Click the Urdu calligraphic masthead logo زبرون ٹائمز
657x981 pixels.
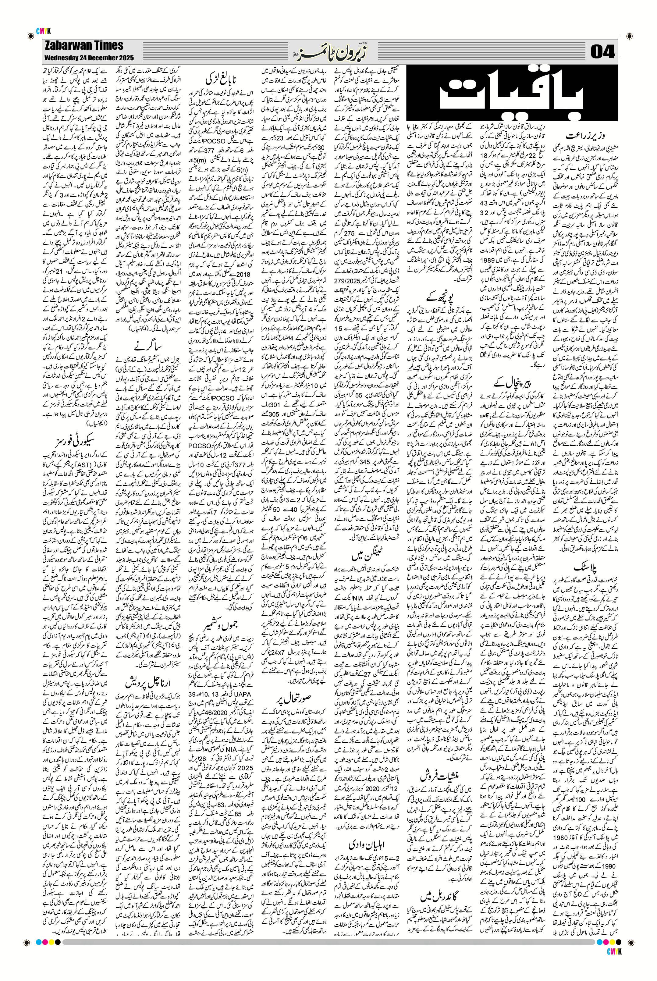(x=328, y=51)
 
